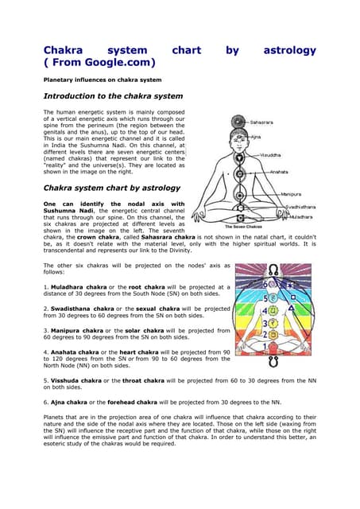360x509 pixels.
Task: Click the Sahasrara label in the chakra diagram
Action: [263, 122]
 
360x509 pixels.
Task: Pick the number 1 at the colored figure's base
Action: [274, 348]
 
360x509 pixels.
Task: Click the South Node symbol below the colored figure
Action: [274, 363]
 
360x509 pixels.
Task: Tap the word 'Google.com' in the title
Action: [118, 62]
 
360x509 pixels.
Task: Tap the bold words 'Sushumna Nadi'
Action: [68, 211]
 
